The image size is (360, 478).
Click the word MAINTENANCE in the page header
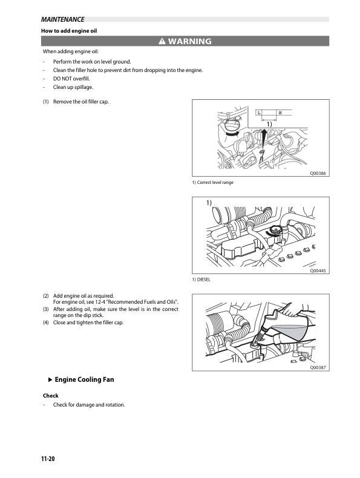click(62, 19)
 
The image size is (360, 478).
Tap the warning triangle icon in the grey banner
click(162, 42)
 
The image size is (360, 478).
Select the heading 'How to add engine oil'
click(68, 30)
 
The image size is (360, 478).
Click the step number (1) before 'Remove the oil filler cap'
click(46, 101)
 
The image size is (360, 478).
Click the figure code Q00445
click(318, 271)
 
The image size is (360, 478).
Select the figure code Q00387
click(318, 367)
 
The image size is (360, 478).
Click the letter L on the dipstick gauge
click(259, 113)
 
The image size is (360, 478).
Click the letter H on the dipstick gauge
click(280, 113)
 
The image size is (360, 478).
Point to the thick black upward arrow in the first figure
click(264, 137)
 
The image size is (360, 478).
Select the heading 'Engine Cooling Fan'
click(84, 380)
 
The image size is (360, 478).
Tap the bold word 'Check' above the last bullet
click(50, 396)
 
